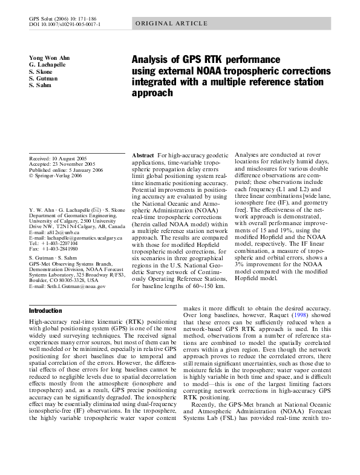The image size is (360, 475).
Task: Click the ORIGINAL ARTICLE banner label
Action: click(x=163, y=24)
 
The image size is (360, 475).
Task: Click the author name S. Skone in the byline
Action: click(x=41, y=71)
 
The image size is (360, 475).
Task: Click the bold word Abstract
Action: click(x=143, y=156)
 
